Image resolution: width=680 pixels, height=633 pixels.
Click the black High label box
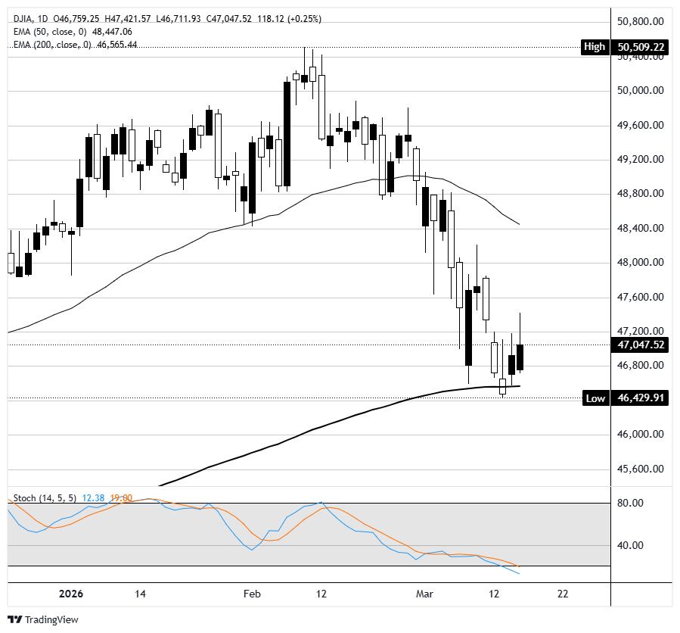(x=595, y=47)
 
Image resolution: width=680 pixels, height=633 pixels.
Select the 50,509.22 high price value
(x=641, y=47)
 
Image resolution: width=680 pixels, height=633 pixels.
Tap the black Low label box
(x=595, y=398)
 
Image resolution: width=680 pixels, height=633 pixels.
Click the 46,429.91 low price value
(x=641, y=398)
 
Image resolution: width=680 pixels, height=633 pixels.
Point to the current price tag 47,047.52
(x=641, y=345)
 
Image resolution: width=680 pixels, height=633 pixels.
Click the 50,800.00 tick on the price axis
(x=641, y=21)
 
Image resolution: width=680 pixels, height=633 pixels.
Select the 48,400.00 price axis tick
(x=641, y=228)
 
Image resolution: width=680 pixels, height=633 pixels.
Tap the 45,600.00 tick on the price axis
(x=641, y=469)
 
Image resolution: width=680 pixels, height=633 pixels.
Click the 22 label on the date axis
(x=562, y=594)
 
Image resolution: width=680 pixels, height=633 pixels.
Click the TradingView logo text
(x=51, y=619)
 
